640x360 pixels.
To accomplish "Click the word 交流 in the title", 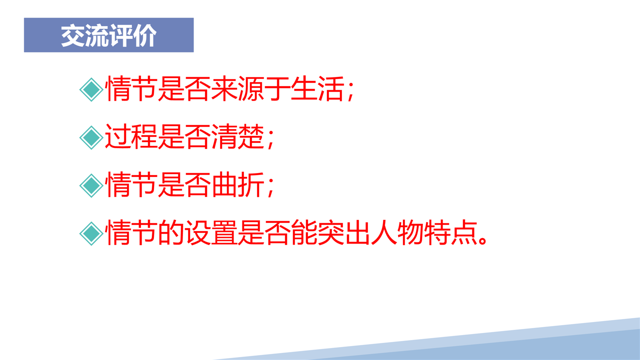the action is tap(85, 35).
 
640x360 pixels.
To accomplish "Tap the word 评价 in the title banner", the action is tap(132, 35).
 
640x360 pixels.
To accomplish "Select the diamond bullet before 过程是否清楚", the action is tap(91, 137).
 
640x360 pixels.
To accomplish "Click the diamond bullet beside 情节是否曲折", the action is tap(91, 185).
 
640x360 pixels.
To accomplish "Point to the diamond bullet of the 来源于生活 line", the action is tap(91, 89).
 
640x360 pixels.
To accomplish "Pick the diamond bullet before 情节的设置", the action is tap(91, 233).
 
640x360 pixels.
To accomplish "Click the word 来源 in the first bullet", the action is tap(237, 88).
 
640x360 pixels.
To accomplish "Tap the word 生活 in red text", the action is tap(317, 88).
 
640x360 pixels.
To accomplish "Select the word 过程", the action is tap(131, 136).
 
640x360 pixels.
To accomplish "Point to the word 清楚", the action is tap(237, 136).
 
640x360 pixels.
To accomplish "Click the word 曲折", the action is tap(237, 184).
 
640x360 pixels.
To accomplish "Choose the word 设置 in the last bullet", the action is tap(211, 232).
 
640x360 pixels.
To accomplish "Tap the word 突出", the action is tap(344, 232).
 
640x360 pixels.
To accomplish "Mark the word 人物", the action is tap(397, 232).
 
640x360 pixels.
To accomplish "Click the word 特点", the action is tap(450, 232).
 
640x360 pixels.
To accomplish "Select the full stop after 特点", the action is tap(482, 240).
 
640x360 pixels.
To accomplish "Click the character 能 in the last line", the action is tap(304, 232).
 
